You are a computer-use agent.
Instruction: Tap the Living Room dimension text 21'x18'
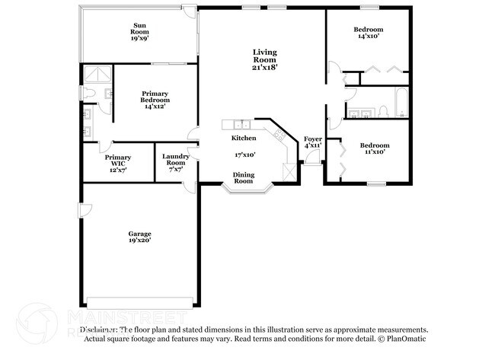(x=265, y=67)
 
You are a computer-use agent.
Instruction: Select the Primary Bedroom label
(x=155, y=100)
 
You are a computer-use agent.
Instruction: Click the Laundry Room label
(x=175, y=161)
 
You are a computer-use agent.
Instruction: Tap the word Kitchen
(x=244, y=138)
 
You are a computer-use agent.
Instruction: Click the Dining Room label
(x=243, y=178)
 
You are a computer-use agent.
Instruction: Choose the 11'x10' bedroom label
(x=374, y=148)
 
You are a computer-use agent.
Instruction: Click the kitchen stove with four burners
(x=280, y=135)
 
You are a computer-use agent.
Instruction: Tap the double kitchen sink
(x=242, y=125)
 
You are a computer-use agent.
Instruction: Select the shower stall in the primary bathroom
(x=97, y=73)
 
